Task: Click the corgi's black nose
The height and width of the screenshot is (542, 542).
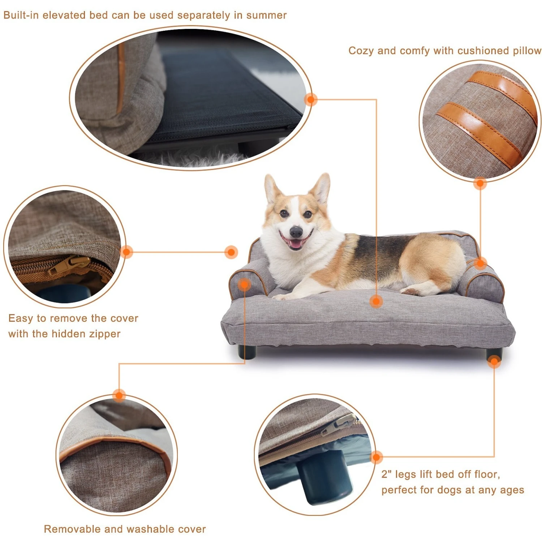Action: pyautogui.click(x=296, y=231)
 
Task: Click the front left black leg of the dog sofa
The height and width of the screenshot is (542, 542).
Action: pyautogui.click(x=247, y=352)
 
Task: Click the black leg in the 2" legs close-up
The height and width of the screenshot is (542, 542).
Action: pyautogui.click(x=325, y=477)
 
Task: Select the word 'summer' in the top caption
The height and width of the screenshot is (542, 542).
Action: pyautogui.click(x=266, y=15)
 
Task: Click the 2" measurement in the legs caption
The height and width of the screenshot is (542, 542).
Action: pyautogui.click(x=387, y=474)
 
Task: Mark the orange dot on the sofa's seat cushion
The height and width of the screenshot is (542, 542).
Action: pyautogui.click(x=376, y=301)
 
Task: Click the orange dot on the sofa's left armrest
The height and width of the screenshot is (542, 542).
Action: pyautogui.click(x=245, y=284)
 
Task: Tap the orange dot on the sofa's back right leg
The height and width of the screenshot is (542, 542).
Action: pyautogui.click(x=494, y=361)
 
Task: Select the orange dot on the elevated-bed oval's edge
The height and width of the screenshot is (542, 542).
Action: pyautogui.click(x=310, y=99)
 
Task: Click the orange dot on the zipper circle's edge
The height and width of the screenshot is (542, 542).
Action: pyautogui.click(x=126, y=251)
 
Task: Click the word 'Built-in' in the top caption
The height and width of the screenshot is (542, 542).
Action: pyautogui.click(x=21, y=15)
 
